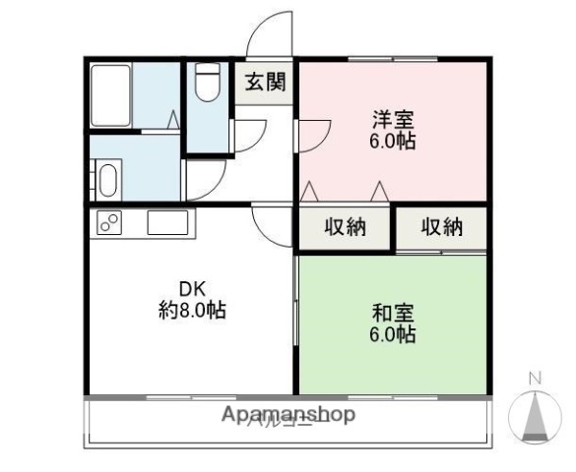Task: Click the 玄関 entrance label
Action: [x=263, y=83]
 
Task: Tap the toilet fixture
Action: [x=207, y=83]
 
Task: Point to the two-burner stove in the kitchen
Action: [x=109, y=223]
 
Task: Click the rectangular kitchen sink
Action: [x=167, y=222]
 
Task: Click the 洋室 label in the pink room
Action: [x=392, y=120]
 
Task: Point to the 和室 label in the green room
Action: [x=392, y=314]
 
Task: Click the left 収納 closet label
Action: [x=345, y=228]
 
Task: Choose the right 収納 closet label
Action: [x=442, y=228]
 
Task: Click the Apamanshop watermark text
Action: [x=288, y=415]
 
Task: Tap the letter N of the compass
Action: [x=536, y=378]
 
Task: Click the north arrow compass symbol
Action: [x=535, y=417]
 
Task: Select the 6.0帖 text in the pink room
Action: [x=392, y=142]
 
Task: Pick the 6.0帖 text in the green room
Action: [x=392, y=335]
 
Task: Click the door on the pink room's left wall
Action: [x=313, y=132]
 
